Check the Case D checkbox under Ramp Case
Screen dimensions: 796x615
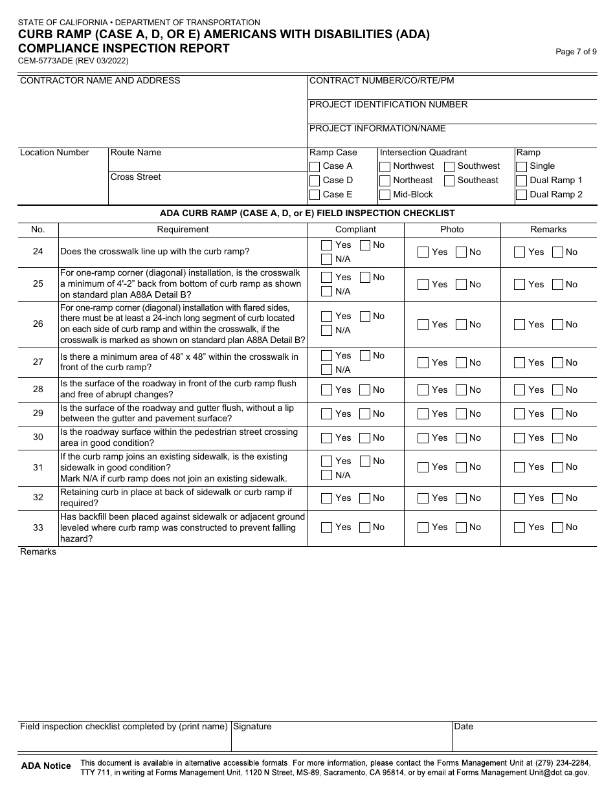(x=315, y=181)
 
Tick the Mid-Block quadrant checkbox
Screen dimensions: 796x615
(x=385, y=195)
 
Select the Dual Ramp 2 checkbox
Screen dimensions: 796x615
(x=522, y=195)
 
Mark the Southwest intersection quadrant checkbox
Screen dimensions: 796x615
(x=449, y=166)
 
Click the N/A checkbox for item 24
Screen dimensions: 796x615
(x=327, y=260)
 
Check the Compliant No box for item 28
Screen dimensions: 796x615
(x=365, y=390)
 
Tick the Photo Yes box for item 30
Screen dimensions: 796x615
(x=423, y=438)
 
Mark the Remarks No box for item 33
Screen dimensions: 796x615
(x=558, y=527)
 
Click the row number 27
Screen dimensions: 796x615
(x=38, y=362)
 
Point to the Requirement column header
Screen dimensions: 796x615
(x=183, y=230)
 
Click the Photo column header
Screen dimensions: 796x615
(x=452, y=230)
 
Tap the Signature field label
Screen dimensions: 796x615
(x=252, y=727)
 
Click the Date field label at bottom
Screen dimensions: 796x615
(x=464, y=727)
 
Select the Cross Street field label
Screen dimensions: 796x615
(x=136, y=177)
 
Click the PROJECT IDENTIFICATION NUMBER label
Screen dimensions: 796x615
(x=388, y=105)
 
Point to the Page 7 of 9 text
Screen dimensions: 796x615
(x=576, y=52)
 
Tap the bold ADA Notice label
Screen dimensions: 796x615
(x=46, y=766)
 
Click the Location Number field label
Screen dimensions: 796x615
(x=54, y=153)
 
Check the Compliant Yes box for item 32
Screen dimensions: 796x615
(x=327, y=498)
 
